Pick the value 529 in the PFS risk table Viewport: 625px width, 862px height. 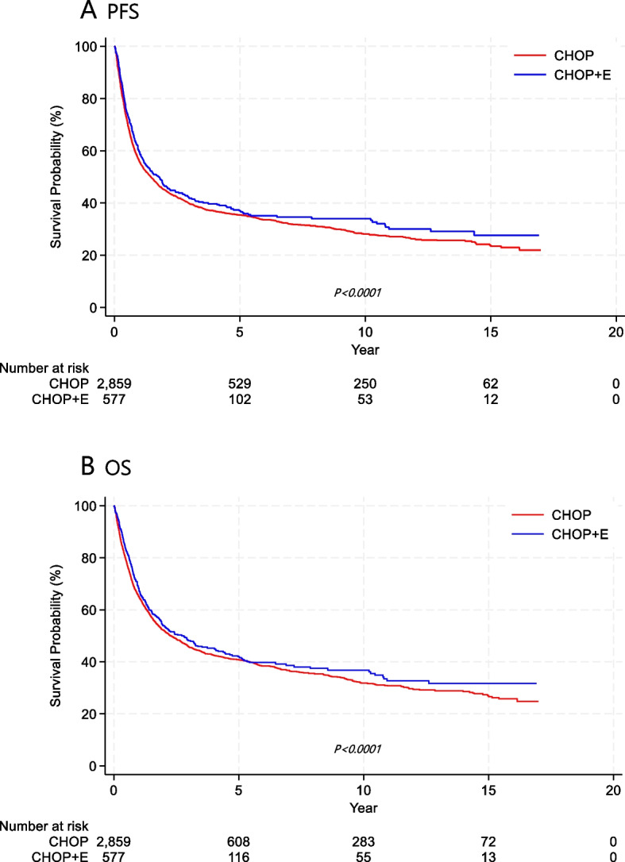pos(240,384)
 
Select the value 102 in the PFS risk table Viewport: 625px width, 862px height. pos(240,399)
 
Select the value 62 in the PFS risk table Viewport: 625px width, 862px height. pos(490,384)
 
